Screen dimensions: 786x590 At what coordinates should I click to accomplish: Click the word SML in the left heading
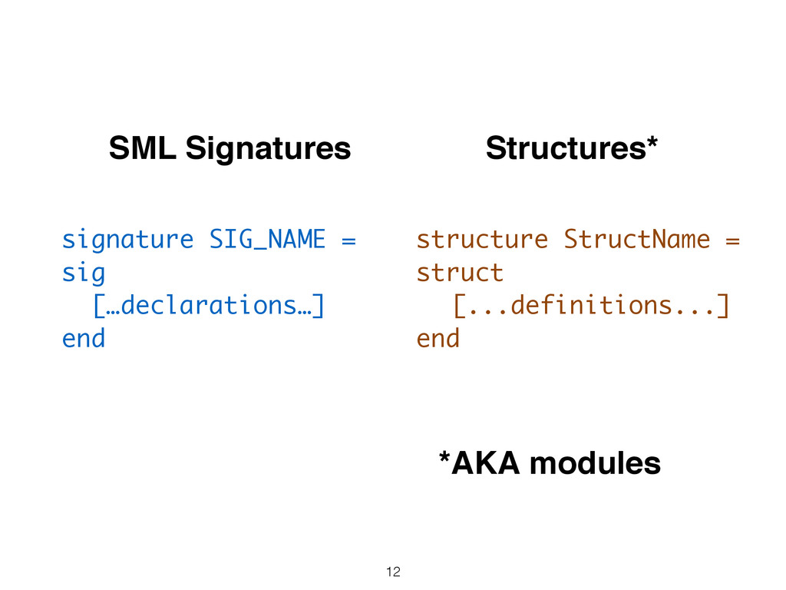pyautogui.click(x=142, y=148)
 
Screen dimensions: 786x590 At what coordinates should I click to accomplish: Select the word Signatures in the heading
pyautogui.click(x=268, y=149)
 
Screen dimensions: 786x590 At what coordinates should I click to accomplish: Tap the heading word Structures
pyautogui.click(x=566, y=148)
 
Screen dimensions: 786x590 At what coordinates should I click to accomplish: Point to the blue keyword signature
pyautogui.click(x=127, y=240)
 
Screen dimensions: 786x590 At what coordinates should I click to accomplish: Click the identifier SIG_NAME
pyautogui.click(x=267, y=239)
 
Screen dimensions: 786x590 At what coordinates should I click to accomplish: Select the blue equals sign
pyautogui.click(x=348, y=241)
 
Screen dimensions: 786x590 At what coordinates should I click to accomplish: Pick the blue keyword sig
pyautogui.click(x=84, y=274)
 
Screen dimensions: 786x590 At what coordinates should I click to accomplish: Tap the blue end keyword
pyautogui.click(x=84, y=338)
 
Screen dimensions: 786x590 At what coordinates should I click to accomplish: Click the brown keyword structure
pyautogui.click(x=482, y=240)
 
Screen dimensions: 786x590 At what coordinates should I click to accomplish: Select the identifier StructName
pyautogui.click(x=636, y=239)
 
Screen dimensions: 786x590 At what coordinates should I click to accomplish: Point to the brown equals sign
pyautogui.click(x=732, y=241)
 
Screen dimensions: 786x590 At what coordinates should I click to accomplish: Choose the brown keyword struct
pyautogui.click(x=460, y=273)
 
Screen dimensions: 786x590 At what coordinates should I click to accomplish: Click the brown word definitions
pyautogui.click(x=591, y=305)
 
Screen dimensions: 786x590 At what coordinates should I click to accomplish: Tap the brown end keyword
pyautogui.click(x=438, y=338)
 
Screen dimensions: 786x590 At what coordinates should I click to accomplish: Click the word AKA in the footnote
pyautogui.click(x=485, y=463)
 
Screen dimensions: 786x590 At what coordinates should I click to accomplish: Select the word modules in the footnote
pyautogui.click(x=595, y=463)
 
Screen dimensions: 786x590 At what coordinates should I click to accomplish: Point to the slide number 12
pyautogui.click(x=393, y=572)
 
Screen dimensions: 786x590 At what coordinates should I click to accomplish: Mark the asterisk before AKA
pyautogui.click(x=444, y=457)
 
